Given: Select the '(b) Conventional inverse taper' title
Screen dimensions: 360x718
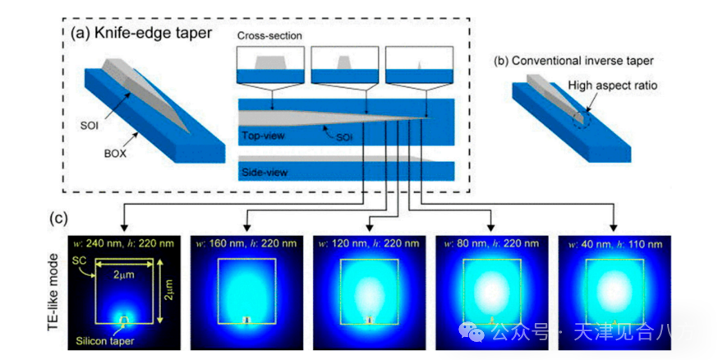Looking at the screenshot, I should click(562, 61).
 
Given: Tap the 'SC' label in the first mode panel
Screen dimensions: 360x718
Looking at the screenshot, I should click(80, 261).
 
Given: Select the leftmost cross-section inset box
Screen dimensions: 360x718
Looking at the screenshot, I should click(270, 65).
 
